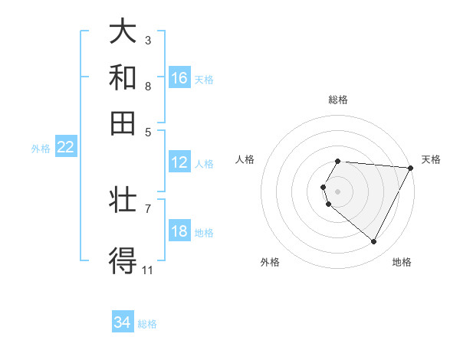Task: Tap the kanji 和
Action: click(x=123, y=77)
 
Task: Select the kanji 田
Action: click(x=123, y=123)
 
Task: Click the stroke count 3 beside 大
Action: click(x=148, y=40)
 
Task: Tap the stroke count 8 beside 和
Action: click(x=148, y=86)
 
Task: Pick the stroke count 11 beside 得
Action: click(x=148, y=270)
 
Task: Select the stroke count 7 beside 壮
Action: click(x=148, y=208)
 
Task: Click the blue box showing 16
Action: click(x=179, y=78)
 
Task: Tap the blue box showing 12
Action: click(x=179, y=162)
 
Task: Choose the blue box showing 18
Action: click(x=179, y=232)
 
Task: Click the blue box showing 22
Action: click(x=66, y=148)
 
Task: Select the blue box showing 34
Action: click(x=123, y=323)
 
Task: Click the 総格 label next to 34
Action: click(x=147, y=324)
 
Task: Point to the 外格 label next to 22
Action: click(x=41, y=149)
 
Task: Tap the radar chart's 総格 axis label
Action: click(x=338, y=100)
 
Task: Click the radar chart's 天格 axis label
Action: click(x=431, y=159)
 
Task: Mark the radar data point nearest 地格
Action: click(x=374, y=242)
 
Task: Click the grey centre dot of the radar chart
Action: click(x=338, y=191)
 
